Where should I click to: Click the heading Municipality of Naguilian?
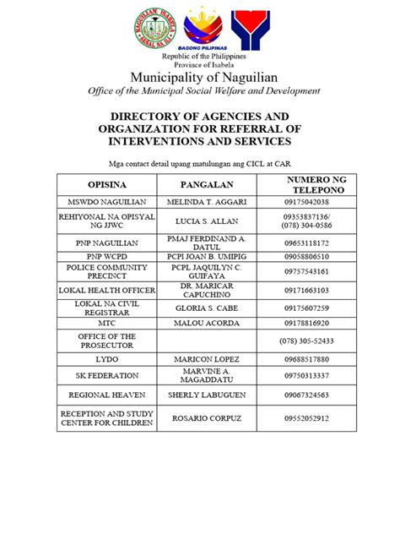click(200, 78)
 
